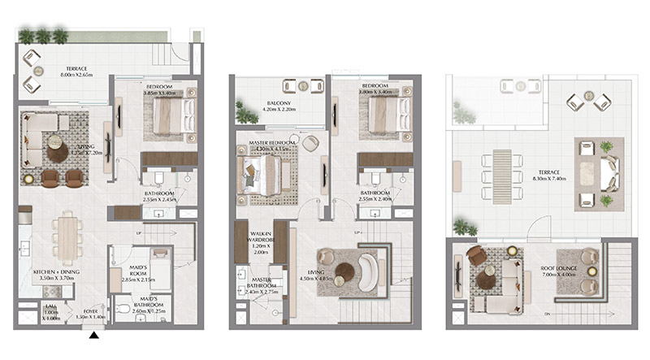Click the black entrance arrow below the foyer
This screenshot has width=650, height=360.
[x=94, y=333]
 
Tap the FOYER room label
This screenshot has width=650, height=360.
[x=92, y=310]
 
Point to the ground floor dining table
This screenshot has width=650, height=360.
[x=67, y=236]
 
